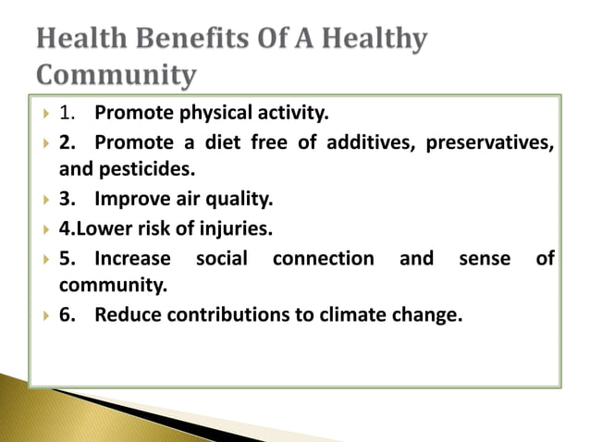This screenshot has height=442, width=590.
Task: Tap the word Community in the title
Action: [116, 74]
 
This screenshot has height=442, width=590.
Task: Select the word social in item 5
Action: [222, 258]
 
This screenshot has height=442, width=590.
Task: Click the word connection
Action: [324, 258]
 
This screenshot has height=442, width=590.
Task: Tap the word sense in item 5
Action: [484, 258]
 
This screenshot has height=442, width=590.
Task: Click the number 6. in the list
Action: [68, 314]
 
